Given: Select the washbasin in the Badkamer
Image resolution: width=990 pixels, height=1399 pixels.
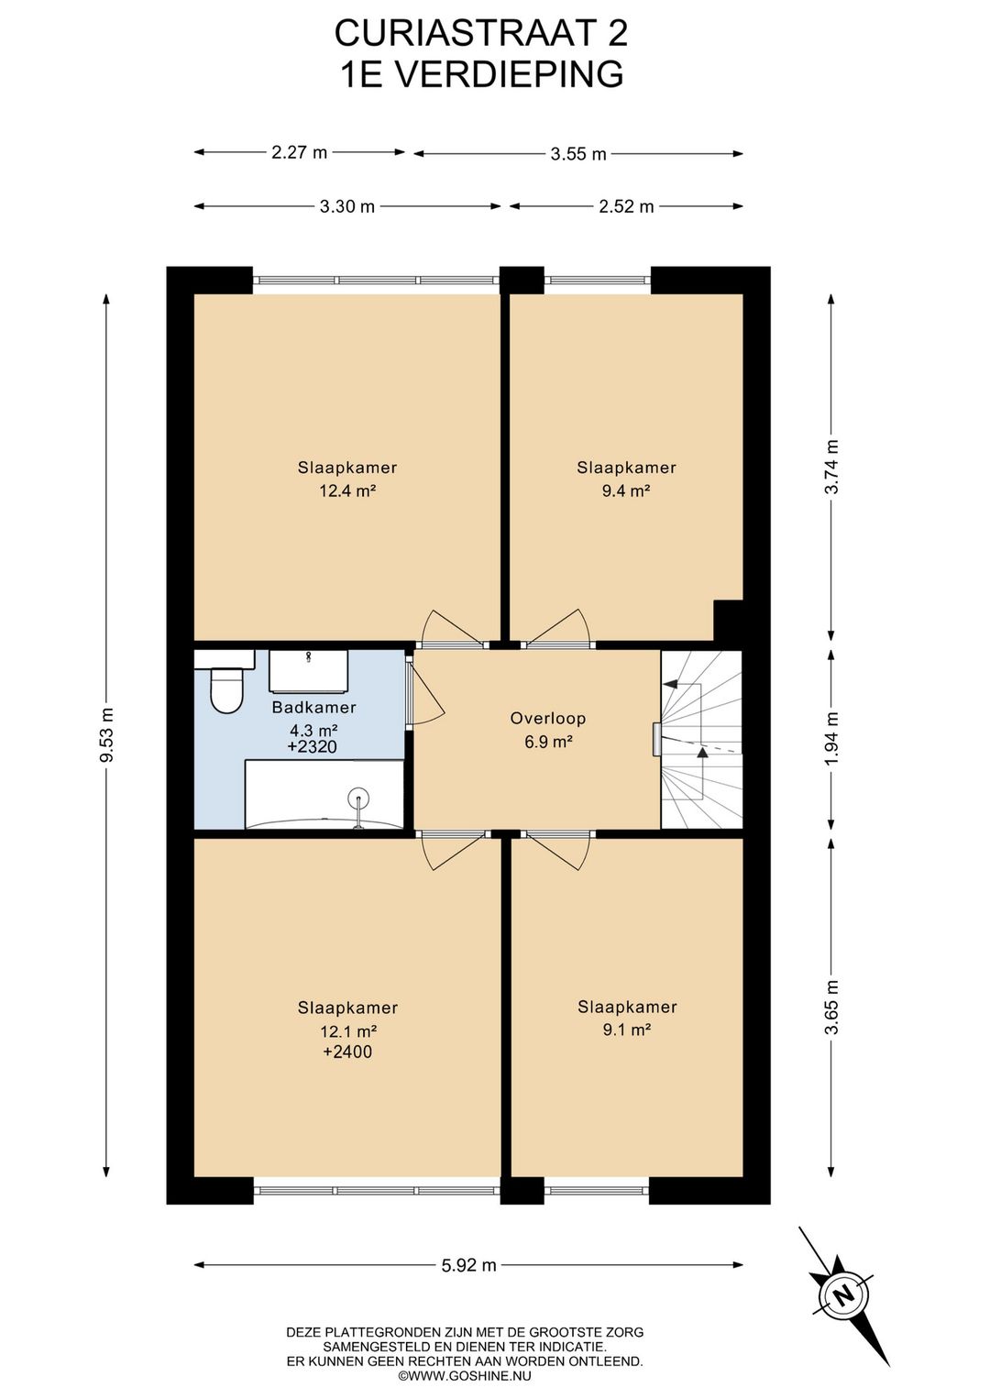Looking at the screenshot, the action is pos(309,671).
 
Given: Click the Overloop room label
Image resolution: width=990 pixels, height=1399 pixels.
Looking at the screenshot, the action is pos(548,718).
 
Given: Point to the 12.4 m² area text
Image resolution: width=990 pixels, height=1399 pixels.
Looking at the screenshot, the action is pos(347,490).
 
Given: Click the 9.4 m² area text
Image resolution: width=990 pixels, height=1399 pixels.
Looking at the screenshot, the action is pos(626,490).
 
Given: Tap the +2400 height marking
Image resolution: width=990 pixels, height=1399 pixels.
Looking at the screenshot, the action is pos(347,1052).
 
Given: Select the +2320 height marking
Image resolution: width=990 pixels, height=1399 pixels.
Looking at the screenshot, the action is pos(313,746).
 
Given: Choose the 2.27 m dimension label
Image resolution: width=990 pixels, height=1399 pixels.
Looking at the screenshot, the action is pos(299,152).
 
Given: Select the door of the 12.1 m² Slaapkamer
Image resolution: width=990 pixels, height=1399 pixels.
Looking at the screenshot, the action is pos(454,850).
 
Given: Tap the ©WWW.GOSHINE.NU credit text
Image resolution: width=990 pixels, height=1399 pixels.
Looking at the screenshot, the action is pos(466,1375).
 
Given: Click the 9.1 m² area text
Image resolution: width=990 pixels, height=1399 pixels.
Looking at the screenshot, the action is pos(627,1030).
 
